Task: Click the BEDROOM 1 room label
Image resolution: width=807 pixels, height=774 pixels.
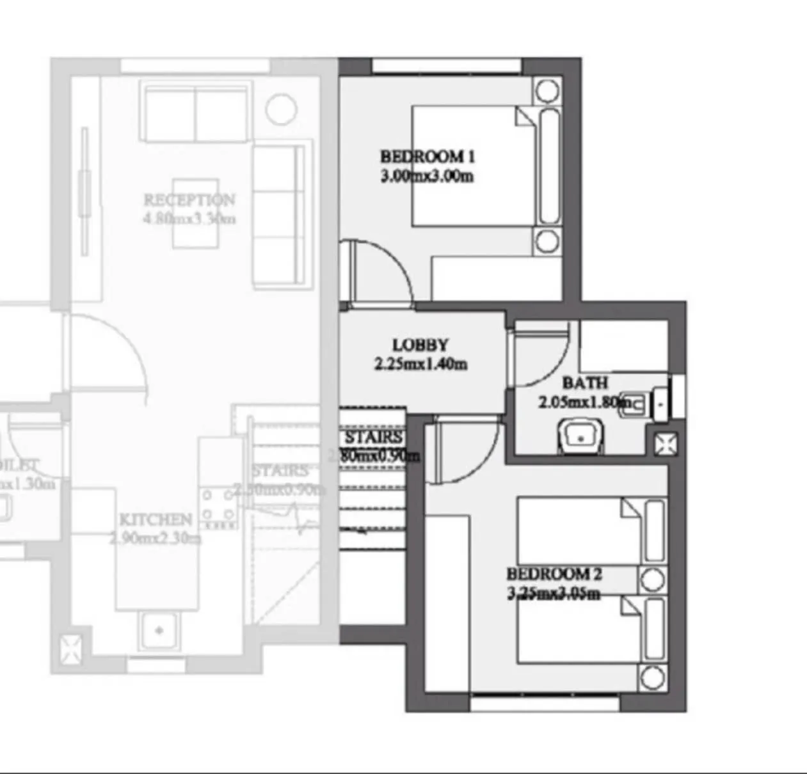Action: coord(427,156)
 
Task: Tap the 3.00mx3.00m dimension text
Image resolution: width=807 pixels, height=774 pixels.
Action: coord(427,176)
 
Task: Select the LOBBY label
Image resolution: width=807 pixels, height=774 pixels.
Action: coord(420,345)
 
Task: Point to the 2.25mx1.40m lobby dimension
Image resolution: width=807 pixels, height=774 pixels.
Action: coord(420,365)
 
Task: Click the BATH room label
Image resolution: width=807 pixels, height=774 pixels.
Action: coord(585,383)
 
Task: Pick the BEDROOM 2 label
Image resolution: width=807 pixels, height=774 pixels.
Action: coord(554,574)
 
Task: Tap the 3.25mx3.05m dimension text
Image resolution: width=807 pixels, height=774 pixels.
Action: coord(554,594)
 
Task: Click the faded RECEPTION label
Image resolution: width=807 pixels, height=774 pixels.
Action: coord(189,200)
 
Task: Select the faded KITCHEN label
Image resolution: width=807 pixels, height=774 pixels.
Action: coord(156,519)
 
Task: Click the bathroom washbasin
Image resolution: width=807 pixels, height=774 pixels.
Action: coord(581,437)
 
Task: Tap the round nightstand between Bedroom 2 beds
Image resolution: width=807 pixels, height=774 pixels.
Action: coord(653,580)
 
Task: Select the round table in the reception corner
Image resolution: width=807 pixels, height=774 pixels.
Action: coord(281,109)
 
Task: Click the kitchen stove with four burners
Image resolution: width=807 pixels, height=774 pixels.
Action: coord(218,505)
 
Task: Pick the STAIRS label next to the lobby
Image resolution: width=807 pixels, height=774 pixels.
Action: coord(373,438)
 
